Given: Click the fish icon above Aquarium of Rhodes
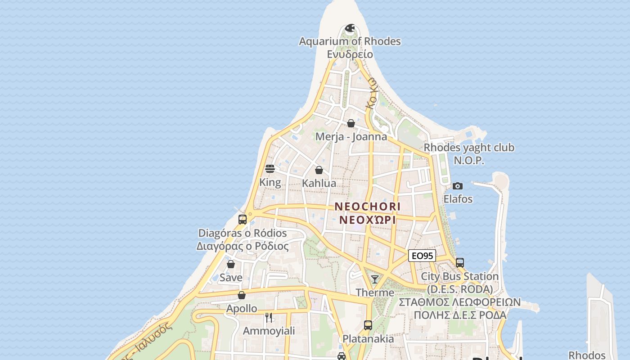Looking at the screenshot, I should click(350, 28).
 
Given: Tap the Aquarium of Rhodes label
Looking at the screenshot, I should click(350, 41).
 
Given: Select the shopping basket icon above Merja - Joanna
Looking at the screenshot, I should click(351, 123).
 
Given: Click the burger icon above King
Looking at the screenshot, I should click(270, 169).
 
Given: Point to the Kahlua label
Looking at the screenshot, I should click(319, 183).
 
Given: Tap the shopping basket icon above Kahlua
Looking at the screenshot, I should click(319, 170).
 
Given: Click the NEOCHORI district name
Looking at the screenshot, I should click(367, 207).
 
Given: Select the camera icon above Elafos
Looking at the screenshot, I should click(458, 186).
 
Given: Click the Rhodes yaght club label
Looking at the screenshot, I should click(469, 148).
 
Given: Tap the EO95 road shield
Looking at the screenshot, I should click(422, 256).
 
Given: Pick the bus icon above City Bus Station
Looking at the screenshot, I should click(460, 263).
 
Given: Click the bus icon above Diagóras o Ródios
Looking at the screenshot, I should click(243, 220).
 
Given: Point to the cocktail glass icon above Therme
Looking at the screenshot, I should click(375, 279).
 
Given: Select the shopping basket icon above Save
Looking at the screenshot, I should click(231, 264).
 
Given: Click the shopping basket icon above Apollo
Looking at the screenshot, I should click(242, 295).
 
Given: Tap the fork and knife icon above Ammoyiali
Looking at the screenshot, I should click(269, 317).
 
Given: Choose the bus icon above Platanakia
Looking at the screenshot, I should click(368, 325).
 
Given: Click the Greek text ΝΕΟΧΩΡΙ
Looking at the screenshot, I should click(367, 220).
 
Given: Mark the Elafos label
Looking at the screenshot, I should click(458, 199).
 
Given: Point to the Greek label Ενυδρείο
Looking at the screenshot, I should click(350, 54).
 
